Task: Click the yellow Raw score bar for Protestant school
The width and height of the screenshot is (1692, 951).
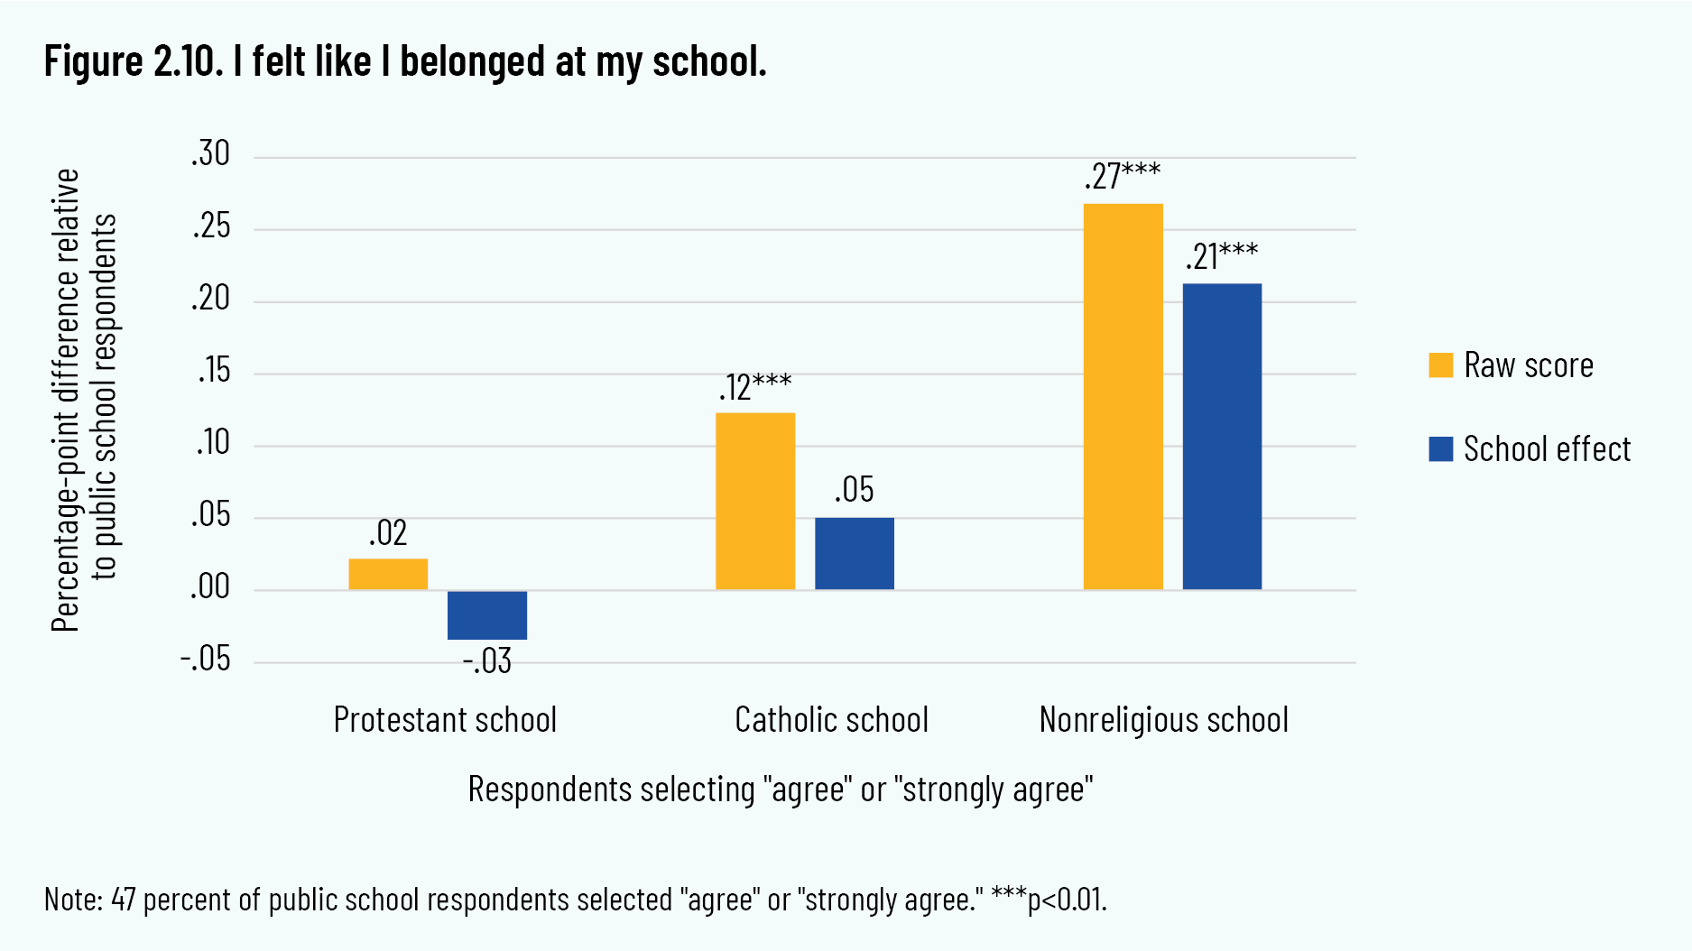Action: [388, 574]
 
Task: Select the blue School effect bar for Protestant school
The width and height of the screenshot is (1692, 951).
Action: [487, 614]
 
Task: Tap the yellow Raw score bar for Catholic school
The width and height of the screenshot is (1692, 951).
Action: [755, 501]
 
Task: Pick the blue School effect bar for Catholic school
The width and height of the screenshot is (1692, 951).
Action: [855, 553]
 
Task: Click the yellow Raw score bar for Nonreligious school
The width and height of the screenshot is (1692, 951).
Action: [1123, 397]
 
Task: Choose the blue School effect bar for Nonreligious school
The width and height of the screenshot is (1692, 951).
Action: [1222, 437]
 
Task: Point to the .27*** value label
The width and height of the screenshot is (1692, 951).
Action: [1123, 175]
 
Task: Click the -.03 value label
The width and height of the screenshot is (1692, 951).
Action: [487, 661]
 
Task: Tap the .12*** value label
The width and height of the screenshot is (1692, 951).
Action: [755, 386]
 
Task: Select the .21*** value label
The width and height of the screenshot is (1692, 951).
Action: [1222, 256]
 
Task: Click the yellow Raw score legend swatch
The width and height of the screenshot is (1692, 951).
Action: [1441, 365]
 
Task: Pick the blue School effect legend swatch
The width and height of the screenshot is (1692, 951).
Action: [1441, 448]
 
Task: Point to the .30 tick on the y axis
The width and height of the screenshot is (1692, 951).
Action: [211, 154]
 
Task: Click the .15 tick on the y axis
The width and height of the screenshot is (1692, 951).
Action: [214, 371]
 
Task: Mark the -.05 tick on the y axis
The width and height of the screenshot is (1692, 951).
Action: [206, 660]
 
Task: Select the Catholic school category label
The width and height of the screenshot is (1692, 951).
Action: [831, 720]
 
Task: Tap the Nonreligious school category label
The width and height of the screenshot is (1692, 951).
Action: [1163, 720]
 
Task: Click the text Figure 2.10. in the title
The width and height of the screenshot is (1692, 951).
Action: [133, 61]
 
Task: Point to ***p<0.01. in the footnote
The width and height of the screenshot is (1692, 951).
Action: [1049, 900]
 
